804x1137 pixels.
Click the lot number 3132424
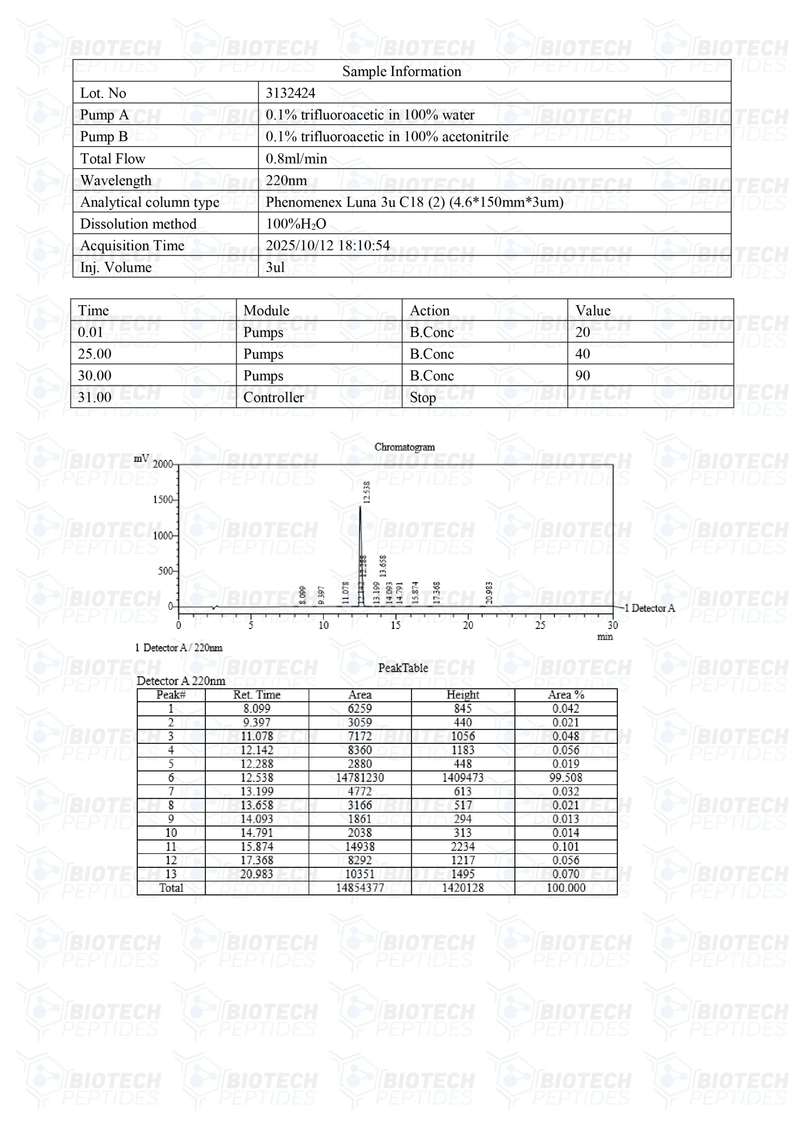click(x=291, y=93)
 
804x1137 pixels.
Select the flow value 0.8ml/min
click(x=296, y=159)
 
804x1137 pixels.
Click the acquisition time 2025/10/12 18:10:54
click(x=327, y=245)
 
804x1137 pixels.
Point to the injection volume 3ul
click(x=275, y=267)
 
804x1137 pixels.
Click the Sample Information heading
click(x=401, y=72)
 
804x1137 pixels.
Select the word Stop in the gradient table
click(x=422, y=398)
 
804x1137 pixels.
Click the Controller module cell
click(x=274, y=398)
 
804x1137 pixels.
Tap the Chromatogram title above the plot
click(x=404, y=447)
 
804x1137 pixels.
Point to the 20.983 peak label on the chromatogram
click(x=489, y=593)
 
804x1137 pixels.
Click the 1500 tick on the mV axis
click(x=163, y=500)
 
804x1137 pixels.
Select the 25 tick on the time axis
click(x=540, y=625)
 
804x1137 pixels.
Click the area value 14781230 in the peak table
click(x=360, y=778)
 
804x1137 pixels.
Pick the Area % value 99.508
click(x=566, y=778)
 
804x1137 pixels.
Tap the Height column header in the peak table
click(x=463, y=695)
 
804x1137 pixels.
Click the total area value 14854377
click(x=360, y=888)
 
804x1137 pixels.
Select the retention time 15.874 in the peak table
click(x=257, y=847)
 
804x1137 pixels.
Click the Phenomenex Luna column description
click(x=414, y=202)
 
